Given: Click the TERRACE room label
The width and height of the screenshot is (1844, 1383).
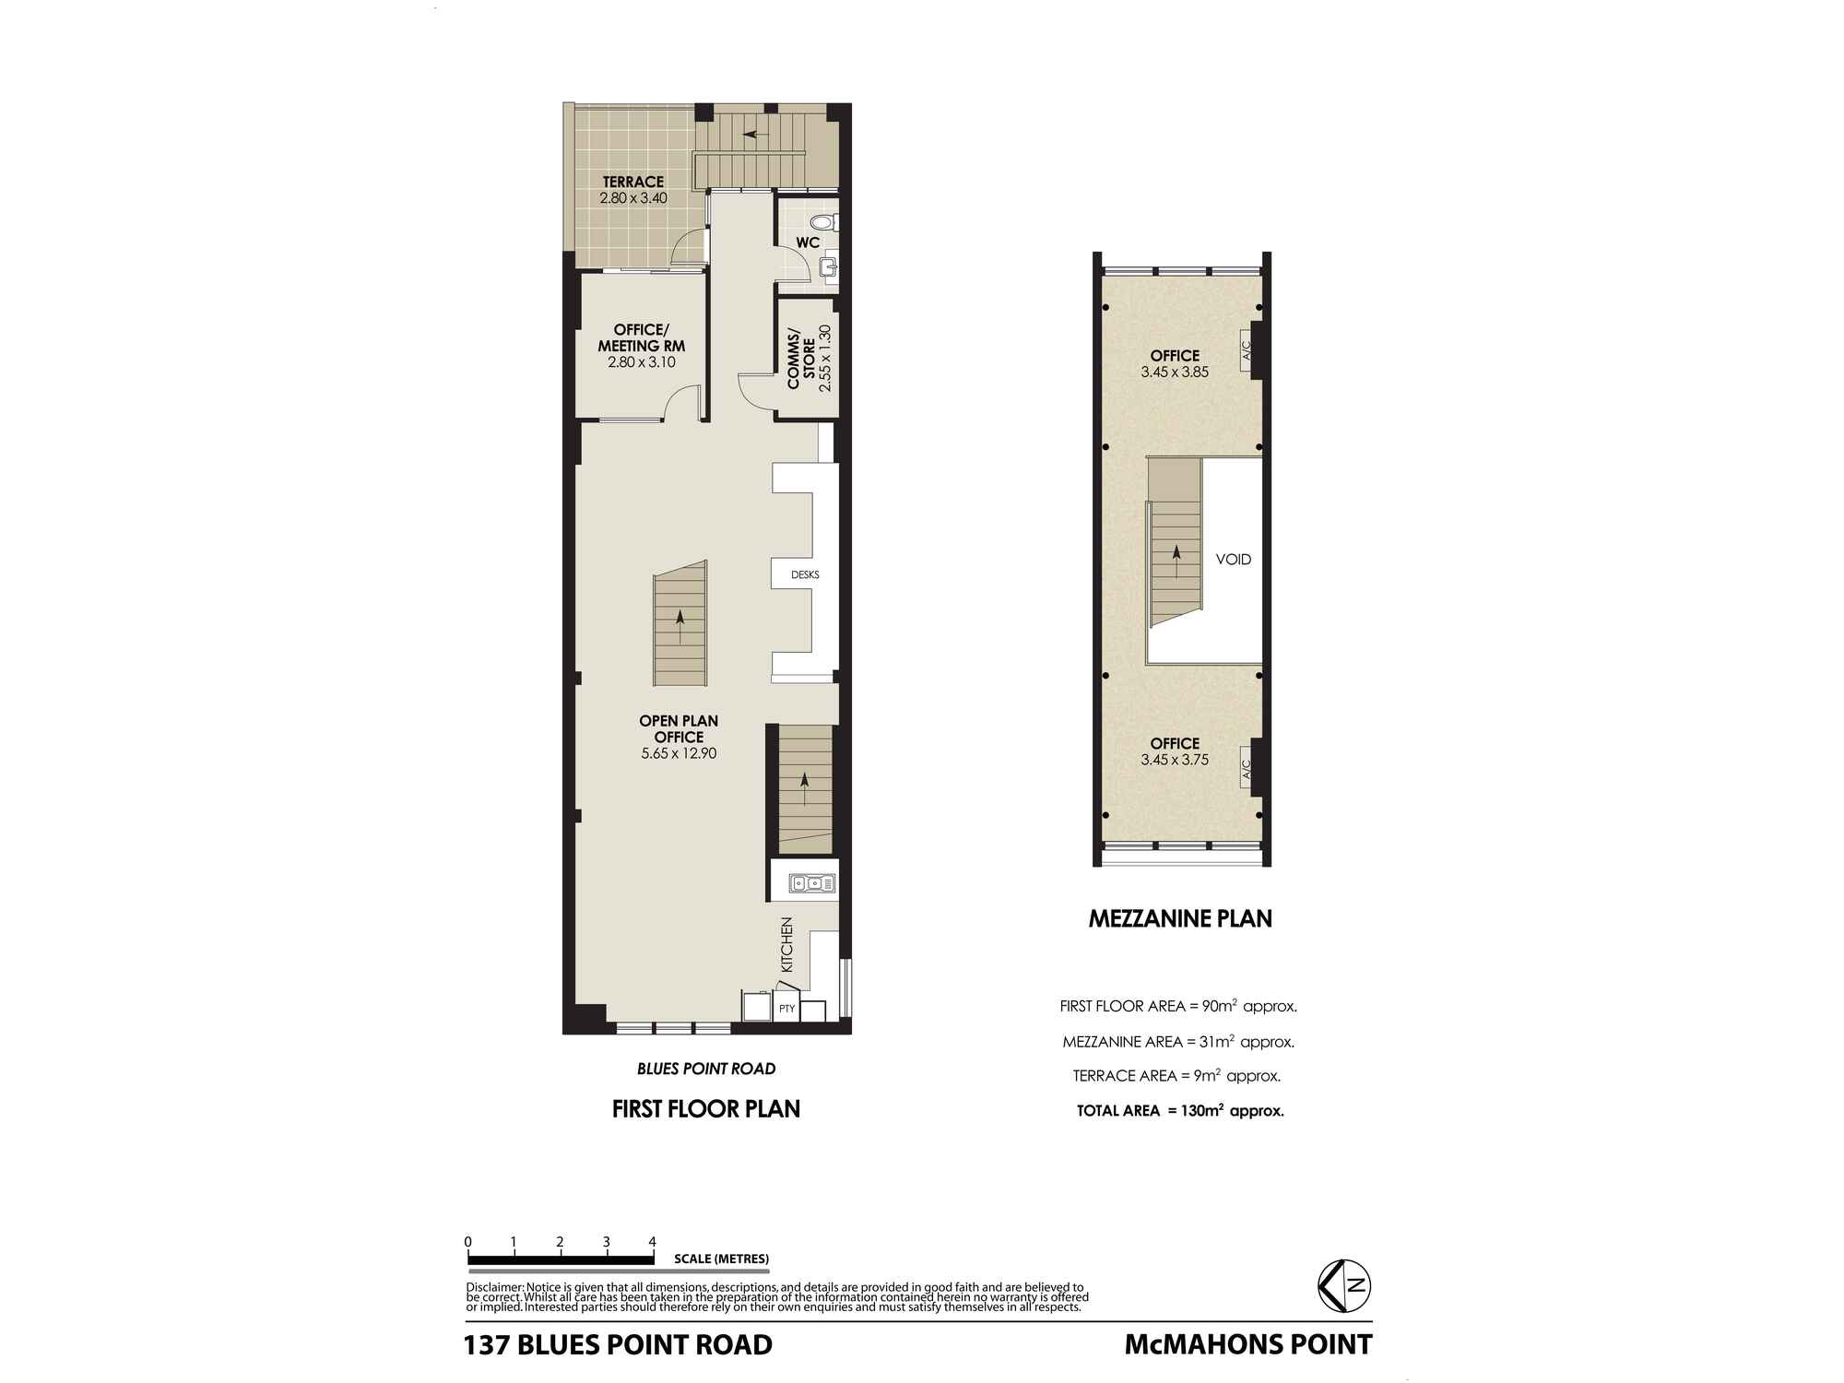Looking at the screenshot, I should [x=632, y=182].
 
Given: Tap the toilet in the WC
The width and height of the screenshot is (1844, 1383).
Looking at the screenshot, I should [x=823, y=222].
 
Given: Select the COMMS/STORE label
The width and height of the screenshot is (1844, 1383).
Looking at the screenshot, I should [x=801, y=359].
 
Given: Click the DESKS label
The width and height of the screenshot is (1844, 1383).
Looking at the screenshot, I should [x=804, y=575].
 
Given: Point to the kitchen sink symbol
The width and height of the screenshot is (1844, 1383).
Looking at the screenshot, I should [x=812, y=884].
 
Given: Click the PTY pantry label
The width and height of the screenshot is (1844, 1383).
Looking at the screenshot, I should [x=786, y=1009].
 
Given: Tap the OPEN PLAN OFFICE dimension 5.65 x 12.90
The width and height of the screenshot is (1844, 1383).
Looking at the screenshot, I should [x=679, y=753].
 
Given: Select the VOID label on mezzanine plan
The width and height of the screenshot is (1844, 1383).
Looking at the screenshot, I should [x=1233, y=560].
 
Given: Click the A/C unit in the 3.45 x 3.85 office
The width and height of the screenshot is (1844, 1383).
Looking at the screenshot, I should [x=1247, y=350].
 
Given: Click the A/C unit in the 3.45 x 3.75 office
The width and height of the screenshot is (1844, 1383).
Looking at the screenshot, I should [x=1247, y=767].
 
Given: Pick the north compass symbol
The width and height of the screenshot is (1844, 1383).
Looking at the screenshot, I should [x=1345, y=1285].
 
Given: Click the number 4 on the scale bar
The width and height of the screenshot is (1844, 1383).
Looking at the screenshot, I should [x=652, y=1241].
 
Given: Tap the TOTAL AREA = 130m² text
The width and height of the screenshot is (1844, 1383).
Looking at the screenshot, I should [x=1180, y=1111].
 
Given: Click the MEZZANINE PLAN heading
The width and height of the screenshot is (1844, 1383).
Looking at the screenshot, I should [x=1180, y=918].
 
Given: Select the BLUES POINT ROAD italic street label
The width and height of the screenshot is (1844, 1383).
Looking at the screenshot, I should [x=706, y=1069].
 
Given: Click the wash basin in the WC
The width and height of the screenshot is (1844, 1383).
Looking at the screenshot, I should [x=827, y=267].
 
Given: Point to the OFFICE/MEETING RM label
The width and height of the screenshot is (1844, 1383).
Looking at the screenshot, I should [x=642, y=337].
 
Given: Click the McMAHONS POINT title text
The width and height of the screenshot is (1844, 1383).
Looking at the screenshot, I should [x=1247, y=1344].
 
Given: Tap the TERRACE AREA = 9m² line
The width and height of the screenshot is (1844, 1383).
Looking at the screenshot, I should [x=1176, y=1076].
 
